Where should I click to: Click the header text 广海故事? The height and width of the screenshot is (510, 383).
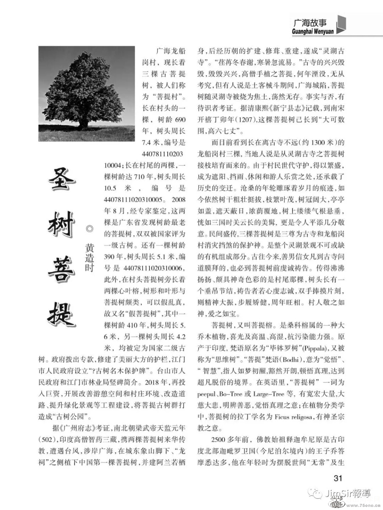[309, 23]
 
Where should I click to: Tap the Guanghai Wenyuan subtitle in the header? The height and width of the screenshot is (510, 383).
[313, 31]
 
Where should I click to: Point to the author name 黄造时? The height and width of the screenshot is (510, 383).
[90, 257]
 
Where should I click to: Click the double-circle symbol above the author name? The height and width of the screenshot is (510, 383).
[90, 229]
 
